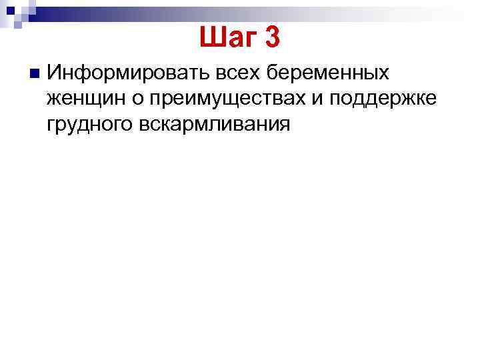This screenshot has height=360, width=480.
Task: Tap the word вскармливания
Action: pos(215,124)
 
